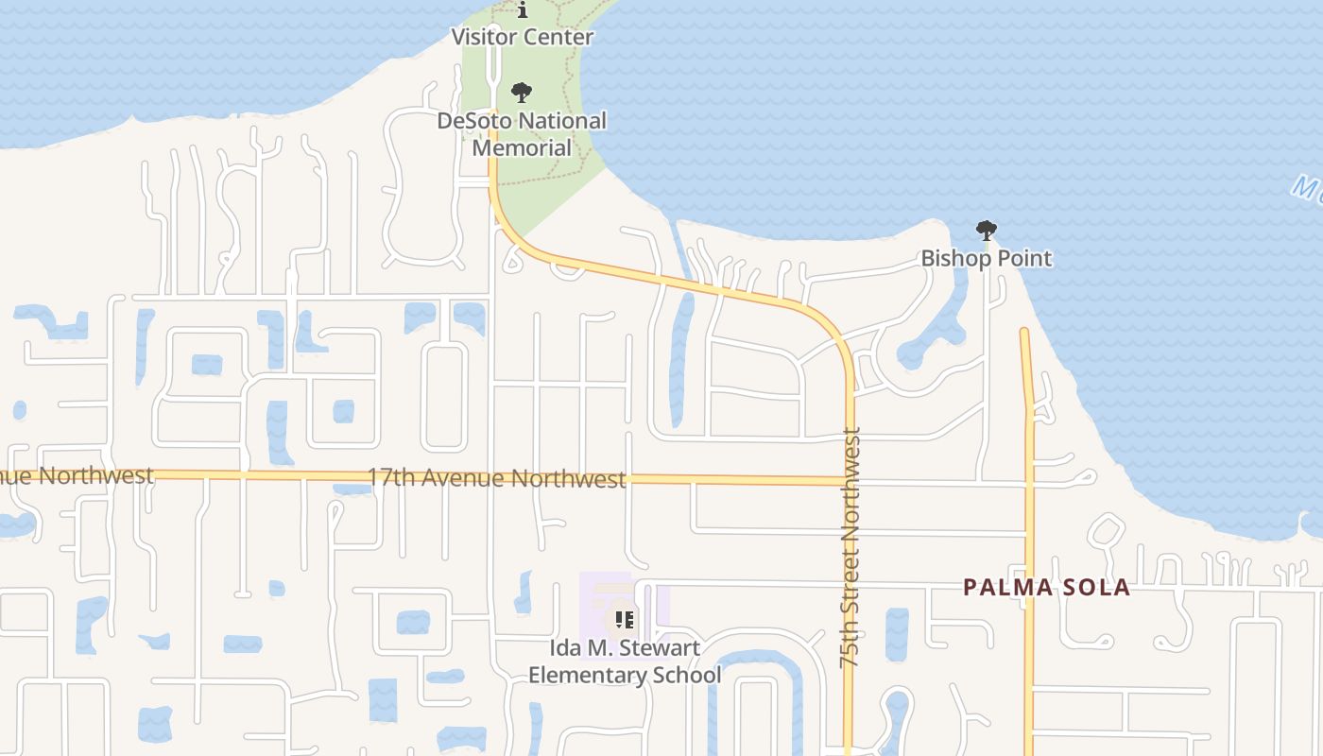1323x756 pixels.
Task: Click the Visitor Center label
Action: [x=522, y=38]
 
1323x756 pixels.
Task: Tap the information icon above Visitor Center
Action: [x=522, y=10]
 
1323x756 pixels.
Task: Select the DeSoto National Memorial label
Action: [x=522, y=134]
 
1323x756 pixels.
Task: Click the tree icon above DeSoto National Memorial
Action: [x=521, y=93]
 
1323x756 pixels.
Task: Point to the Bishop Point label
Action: [x=986, y=258]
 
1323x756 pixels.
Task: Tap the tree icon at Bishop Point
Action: [x=986, y=230]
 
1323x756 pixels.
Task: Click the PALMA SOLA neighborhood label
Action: [x=1046, y=587]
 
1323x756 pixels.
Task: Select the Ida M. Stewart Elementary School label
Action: [x=624, y=661]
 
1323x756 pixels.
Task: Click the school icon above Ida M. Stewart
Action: [x=624, y=620]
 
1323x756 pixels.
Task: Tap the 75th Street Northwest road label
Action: [x=850, y=548]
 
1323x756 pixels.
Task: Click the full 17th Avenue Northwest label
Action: [x=496, y=479]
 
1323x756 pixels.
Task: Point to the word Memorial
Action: [x=522, y=148]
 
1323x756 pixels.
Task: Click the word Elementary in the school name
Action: [x=582, y=675]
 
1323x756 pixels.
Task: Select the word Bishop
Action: [x=952, y=258]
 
